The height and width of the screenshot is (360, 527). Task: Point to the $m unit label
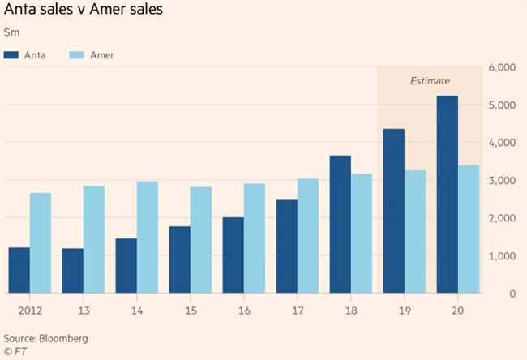(12, 32)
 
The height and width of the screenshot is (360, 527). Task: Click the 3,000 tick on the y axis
(502, 181)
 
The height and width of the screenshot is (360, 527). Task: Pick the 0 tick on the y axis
(512, 294)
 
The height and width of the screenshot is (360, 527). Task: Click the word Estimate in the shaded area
(430, 81)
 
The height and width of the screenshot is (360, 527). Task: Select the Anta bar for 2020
(448, 195)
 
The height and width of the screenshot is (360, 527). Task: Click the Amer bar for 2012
(41, 243)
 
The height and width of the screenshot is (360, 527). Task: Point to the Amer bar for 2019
(415, 232)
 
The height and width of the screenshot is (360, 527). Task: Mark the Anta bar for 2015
(180, 259)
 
